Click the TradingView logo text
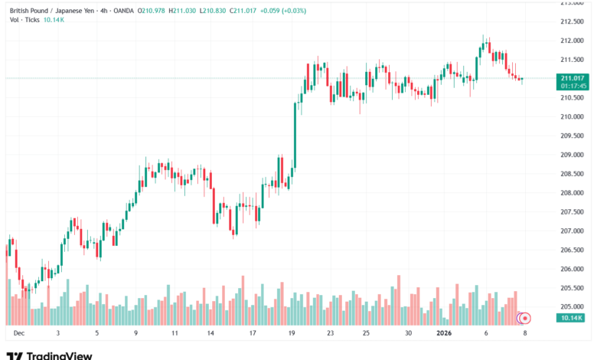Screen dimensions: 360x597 [59, 355]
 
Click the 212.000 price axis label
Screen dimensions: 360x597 [572, 41]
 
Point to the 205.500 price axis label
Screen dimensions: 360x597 [572, 288]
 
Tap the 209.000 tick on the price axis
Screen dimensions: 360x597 [572, 155]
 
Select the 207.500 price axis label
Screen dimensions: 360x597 [572, 212]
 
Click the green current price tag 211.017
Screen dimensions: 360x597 [573, 77]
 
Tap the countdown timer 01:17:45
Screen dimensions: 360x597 [573, 86]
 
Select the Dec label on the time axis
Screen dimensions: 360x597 [18, 333]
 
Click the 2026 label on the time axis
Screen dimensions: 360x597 [446, 333]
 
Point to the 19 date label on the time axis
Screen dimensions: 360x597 [292, 333]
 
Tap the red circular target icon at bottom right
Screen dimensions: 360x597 [524, 317]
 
